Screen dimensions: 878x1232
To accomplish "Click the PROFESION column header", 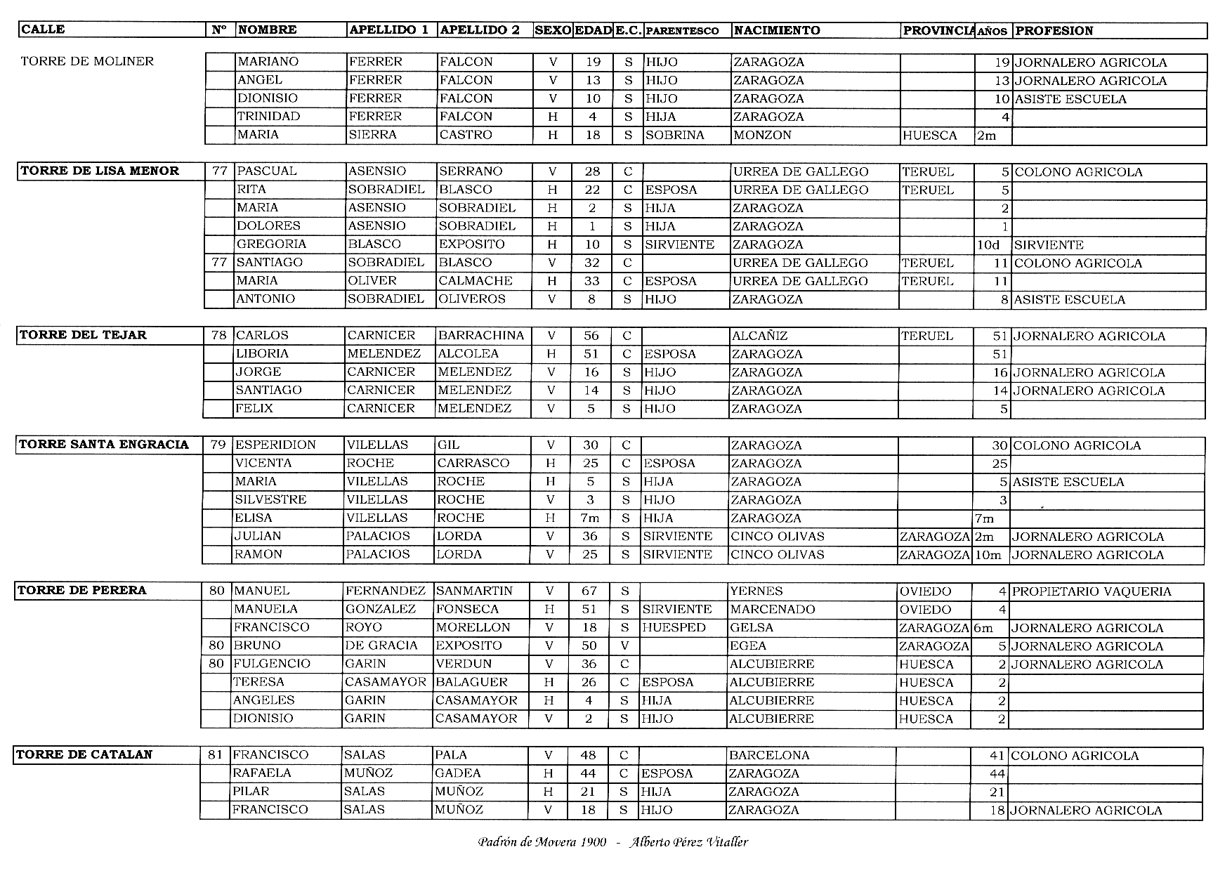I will click(1054, 30).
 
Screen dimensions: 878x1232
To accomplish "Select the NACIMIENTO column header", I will click(776, 30).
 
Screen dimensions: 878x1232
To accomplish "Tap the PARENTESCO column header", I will click(681, 31).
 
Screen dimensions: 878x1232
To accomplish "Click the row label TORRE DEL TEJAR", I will click(83, 335).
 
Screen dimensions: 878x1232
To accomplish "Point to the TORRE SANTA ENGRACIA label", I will click(104, 445).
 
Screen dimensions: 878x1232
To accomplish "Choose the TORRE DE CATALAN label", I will click(84, 755).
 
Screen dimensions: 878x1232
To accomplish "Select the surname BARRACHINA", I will click(481, 336).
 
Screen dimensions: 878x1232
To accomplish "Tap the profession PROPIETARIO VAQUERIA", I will click(1092, 591).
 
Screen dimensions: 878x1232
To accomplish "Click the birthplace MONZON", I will click(762, 135).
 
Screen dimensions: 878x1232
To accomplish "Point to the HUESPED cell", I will click(674, 628).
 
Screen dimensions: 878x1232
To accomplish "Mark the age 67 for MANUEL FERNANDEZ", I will click(589, 591).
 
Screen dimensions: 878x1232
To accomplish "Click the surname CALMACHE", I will click(476, 281).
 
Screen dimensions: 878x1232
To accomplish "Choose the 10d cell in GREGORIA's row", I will click(988, 245).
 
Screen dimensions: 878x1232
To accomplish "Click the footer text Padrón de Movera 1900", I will click(542, 842).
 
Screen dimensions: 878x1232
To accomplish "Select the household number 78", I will click(218, 336).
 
